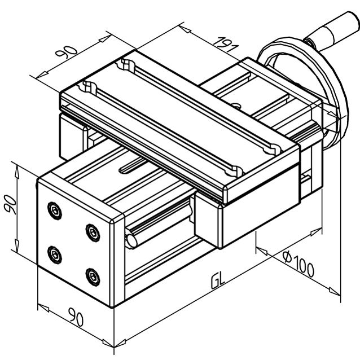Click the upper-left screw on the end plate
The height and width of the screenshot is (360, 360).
tap(54, 210)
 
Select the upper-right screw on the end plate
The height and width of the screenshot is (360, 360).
tap(91, 230)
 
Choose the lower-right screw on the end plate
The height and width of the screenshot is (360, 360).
tap(92, 275)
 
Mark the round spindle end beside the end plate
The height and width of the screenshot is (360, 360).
tap(132, 239)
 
